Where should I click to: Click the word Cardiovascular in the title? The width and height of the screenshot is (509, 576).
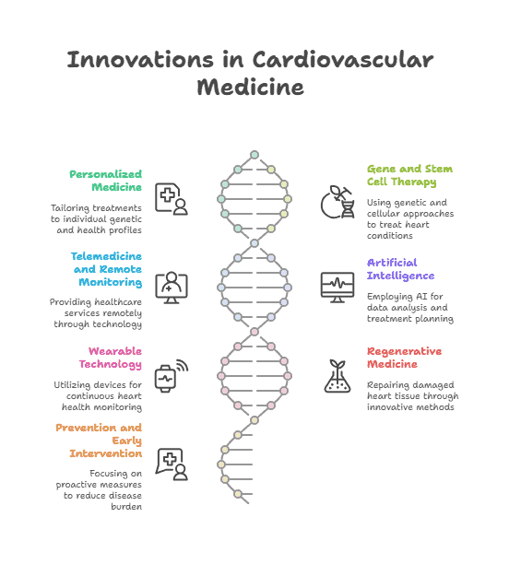(343, 60)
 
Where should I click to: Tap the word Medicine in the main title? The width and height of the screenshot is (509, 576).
(250, 87)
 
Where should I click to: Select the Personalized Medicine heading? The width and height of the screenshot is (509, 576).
(105, 181)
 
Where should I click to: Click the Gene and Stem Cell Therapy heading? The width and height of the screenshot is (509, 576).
(409, 175)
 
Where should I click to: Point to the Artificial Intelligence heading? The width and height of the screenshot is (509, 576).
(400, 269)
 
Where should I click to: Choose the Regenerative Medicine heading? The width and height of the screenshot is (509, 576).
(404, 358)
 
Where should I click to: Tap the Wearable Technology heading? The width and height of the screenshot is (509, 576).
(111, 358)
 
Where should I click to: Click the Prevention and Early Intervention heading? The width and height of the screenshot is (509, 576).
(99, 441)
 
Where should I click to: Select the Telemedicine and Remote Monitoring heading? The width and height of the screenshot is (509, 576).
(107, 269)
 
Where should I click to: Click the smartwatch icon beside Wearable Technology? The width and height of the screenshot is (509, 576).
(171, 376)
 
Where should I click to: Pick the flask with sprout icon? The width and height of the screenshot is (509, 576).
(337, 376)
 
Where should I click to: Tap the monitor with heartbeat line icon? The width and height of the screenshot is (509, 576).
(337, 288)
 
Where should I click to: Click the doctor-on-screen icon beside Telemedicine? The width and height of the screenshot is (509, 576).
(172, 288)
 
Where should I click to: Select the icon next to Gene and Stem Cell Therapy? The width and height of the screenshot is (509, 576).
(337, 202)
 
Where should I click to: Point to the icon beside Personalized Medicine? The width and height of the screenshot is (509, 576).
(172, 199)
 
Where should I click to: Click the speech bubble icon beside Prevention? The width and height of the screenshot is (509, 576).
(172, 464)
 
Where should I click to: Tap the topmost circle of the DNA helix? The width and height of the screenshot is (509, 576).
(254, 155)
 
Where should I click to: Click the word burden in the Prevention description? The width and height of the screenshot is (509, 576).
(126, 507)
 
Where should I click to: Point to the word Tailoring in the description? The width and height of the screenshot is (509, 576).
(70, 208)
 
